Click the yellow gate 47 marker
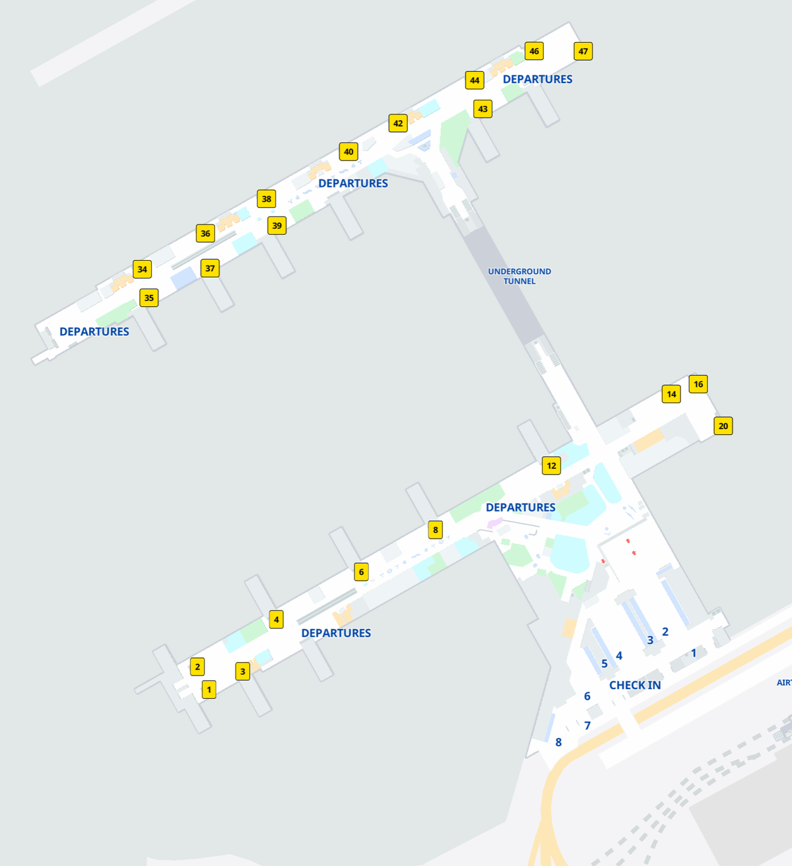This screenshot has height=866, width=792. click(x=583, y=51)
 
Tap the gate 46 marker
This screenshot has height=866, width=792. click(x=534, y=51)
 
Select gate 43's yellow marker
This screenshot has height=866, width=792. click(x=483, y=109)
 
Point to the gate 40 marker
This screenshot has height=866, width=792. click(x=348, y=152)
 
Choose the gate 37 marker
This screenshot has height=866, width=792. click(x=210, y=268)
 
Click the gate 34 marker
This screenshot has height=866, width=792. click(x=143, y=269)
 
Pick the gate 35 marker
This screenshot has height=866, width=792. click(x=149, y=298)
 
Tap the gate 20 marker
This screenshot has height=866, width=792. click(x=723, y=426)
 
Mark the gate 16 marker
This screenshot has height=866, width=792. click(x=698, y=384)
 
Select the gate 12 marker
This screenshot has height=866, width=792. click(x=552, y=465)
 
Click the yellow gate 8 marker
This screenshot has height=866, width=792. click(x=435, y=529)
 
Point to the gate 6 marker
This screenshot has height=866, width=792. click(x=361, y=572)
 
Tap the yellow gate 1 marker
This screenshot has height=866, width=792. click(x=209, y=690)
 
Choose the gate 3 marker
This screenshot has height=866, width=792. click(x=243, y=671)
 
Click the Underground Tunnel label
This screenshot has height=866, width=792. click(x=519, y=276)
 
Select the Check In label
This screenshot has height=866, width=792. click(x=635, y=685)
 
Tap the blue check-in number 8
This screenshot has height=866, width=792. click(x=558, y=742)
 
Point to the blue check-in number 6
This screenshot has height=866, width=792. click(x=587, y=696)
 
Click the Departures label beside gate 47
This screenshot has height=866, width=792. click(x=537, y=79)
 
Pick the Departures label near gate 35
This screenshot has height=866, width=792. click(x=94, y=331)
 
